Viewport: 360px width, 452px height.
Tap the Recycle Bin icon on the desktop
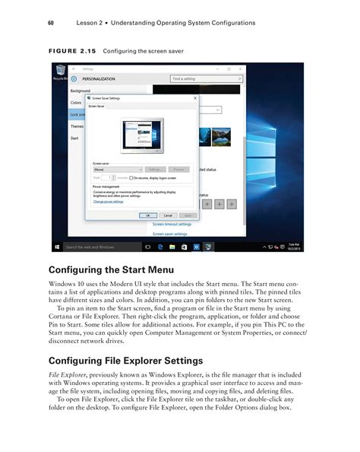(x=59, y=72)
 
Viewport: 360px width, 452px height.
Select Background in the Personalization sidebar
(x=81, y=91)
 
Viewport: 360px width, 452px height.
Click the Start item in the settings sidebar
(x=74, y=138)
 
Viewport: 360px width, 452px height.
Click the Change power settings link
(x=108, y=202)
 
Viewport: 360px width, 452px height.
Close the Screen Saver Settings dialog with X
(x=195, y=98)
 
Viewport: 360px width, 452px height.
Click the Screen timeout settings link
(x=172, y=224)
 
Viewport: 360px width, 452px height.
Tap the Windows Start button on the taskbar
(x=58, y=247)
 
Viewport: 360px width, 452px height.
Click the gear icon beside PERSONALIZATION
(x=74, y=78)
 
